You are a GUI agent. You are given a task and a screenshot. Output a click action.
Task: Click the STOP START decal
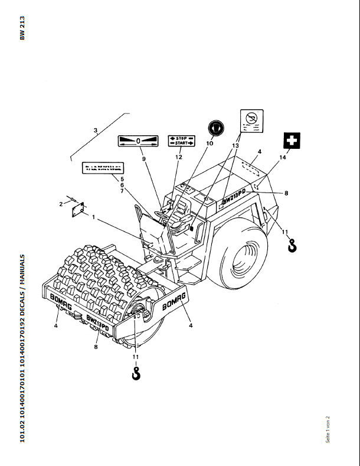pyautogui.click(x=181, y=141)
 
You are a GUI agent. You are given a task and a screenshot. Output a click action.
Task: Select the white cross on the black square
pyautogui.click(x=292, y=141)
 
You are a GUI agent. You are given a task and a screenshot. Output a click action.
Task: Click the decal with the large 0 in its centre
pyautogui.click(x=139, y=142)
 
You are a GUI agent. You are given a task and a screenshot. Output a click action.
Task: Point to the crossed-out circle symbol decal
pyautogui.click(x=252, y=120)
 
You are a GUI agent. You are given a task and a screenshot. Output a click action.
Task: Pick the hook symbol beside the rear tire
pyautogui.click(x=292, y=245)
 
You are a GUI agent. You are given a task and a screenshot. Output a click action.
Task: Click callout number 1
pyautogui.click(x=93, y=218)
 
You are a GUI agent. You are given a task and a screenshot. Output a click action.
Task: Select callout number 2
pyautogui.click(x=60, y=204)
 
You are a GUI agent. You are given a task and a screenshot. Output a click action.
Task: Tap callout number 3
pyautogui.click(x=94, y=129)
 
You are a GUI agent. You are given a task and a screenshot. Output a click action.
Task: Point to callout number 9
pyautogui.click(x=142, y=158)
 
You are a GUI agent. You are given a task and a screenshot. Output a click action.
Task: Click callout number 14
pyautogui.click(x=283, y=157)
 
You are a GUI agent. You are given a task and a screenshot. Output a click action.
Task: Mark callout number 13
pyautogui.click(x=235, y=145)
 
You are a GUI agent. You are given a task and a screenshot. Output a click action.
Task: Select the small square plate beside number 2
pyautogui.click(x=77, y=210)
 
